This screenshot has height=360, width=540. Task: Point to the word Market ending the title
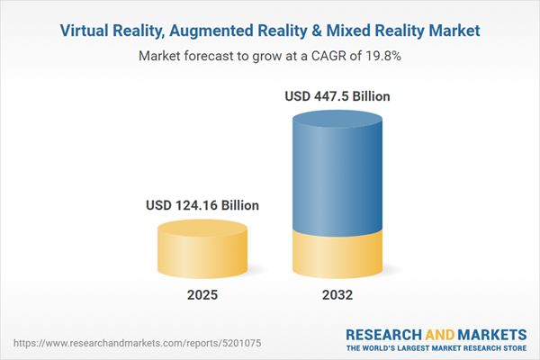click(450, 31)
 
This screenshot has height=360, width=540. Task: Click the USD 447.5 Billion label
click(338, 95)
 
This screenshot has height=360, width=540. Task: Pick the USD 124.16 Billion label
click(202, 205)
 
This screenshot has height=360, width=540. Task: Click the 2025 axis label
click(202, 294)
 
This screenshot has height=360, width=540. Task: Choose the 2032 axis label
click(338, 294)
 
